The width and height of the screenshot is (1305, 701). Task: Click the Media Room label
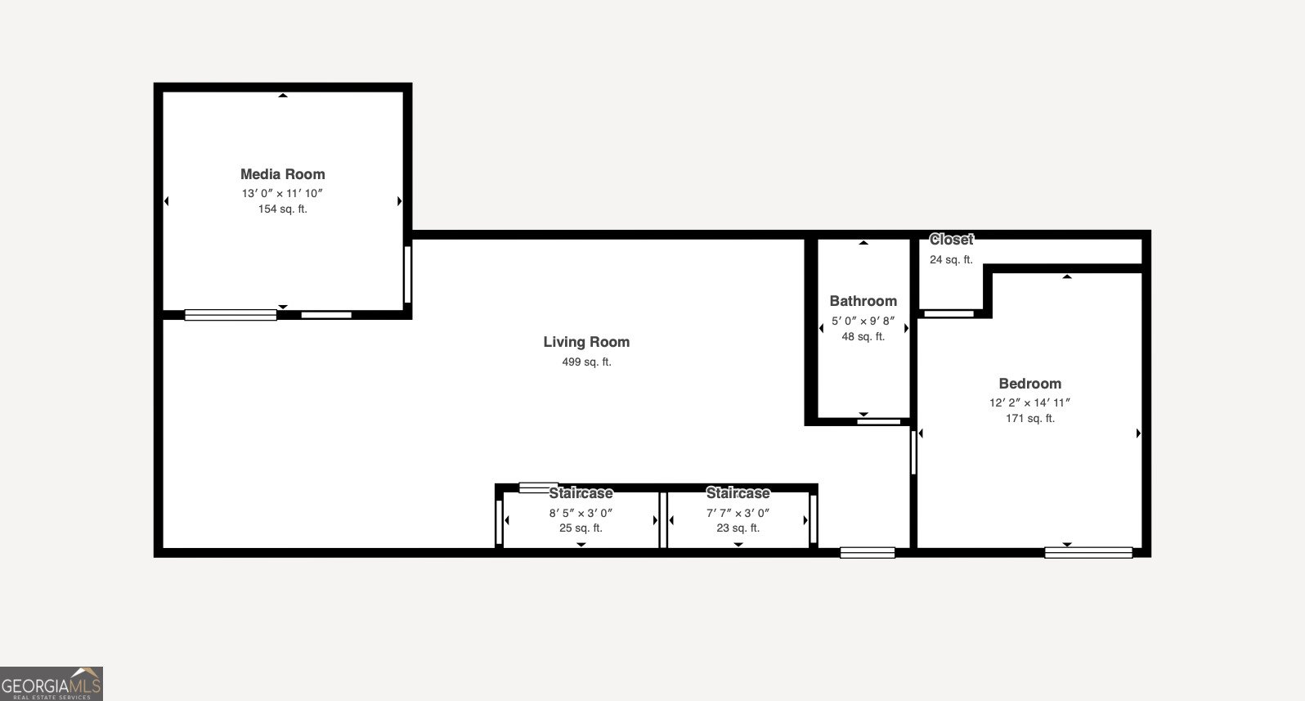282,174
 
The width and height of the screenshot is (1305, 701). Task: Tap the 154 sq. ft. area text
282,209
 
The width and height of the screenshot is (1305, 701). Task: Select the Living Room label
586,342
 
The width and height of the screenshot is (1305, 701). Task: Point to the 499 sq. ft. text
586,362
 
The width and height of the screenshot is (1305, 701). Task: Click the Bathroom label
863,301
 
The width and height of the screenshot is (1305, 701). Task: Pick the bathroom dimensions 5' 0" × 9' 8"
863,321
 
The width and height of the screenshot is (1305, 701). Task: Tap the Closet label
951,240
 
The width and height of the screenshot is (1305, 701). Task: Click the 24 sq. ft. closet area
951,259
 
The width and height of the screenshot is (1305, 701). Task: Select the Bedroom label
1029,384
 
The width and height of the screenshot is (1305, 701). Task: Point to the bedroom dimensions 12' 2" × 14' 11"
1029,402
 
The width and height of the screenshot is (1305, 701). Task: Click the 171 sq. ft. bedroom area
1029,418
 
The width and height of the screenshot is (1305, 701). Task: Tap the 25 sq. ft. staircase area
581,528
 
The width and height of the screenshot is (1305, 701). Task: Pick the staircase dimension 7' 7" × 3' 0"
738,513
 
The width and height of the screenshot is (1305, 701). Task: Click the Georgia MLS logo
52,684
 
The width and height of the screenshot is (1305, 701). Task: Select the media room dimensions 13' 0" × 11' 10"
282,193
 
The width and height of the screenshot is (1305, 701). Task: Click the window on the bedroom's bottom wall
1087,553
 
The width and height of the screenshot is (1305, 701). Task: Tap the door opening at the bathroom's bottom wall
878,422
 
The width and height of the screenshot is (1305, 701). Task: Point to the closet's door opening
948,313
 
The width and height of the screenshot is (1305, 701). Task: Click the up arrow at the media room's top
283,96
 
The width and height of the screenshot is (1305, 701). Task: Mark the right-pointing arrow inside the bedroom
1138,434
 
